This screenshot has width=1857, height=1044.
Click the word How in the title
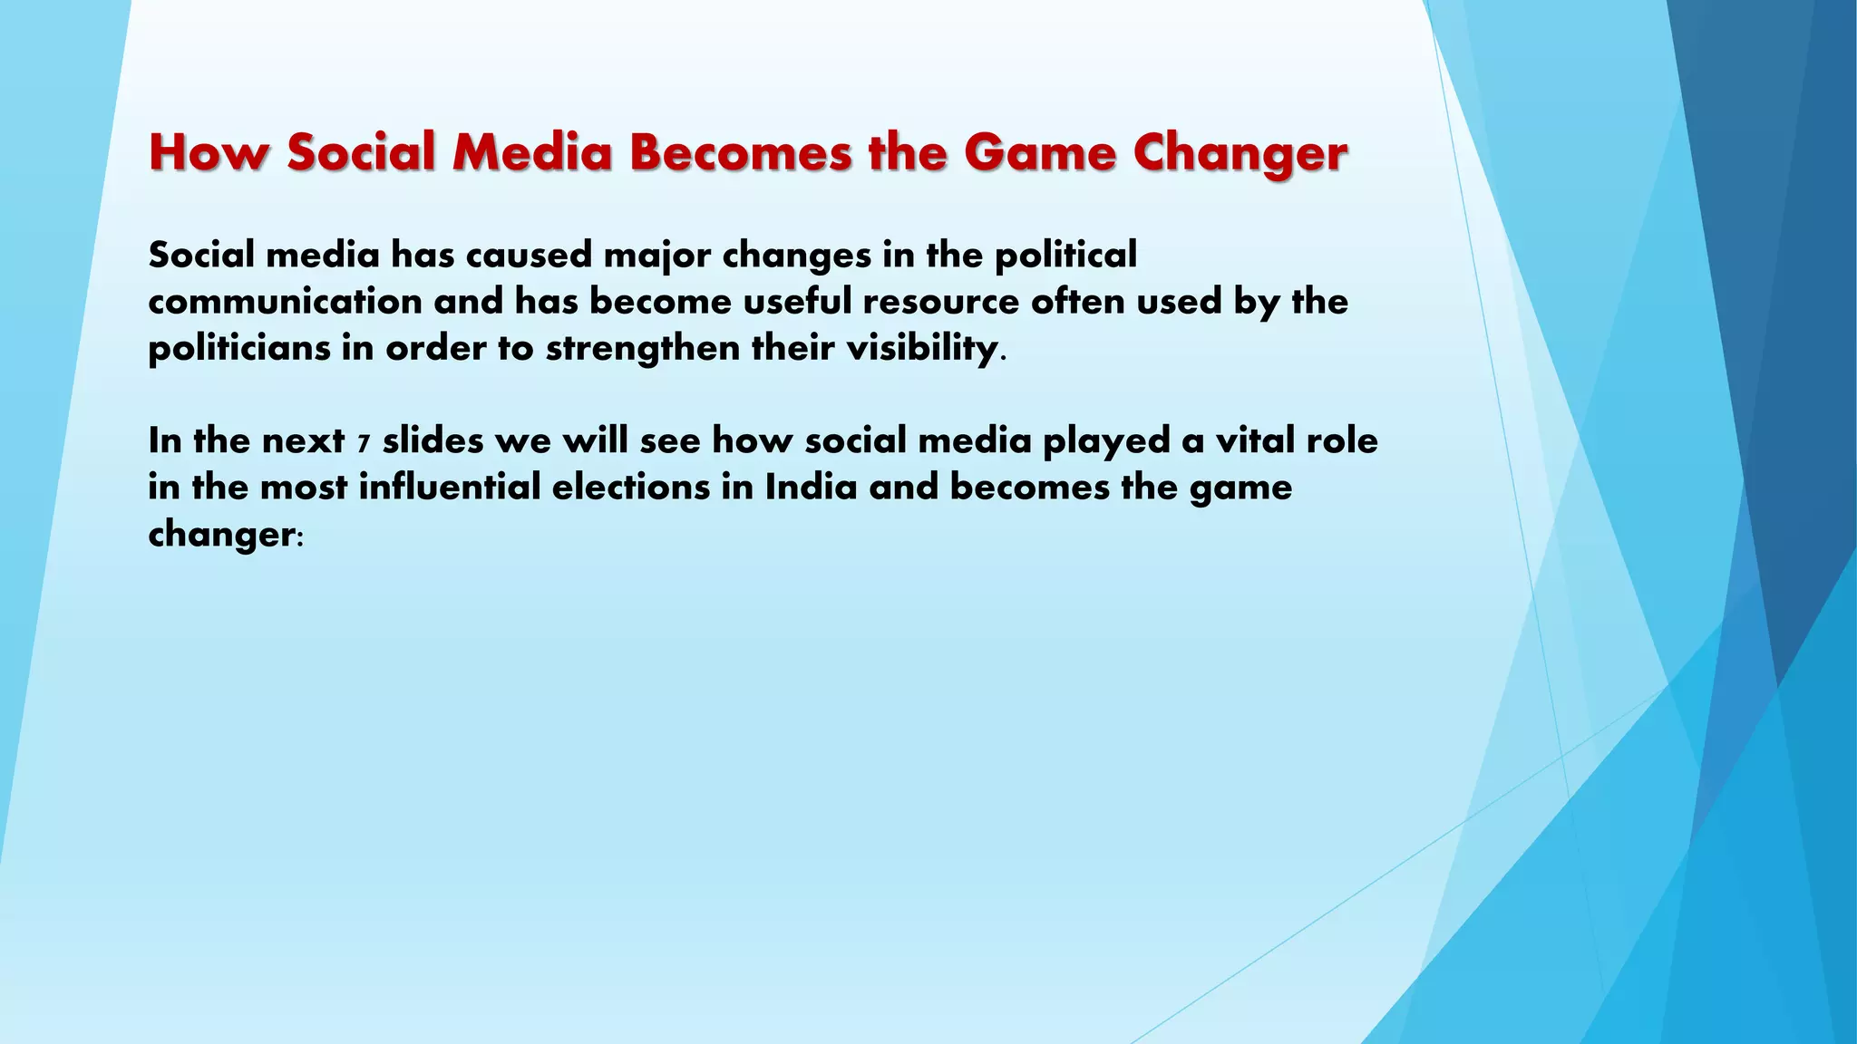[209, 152]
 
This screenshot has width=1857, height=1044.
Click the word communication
[285, 302]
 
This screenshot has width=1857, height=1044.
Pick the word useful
[797, 302]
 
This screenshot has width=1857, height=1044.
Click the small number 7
[364, 444]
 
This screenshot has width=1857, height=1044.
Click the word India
[811, 488]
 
